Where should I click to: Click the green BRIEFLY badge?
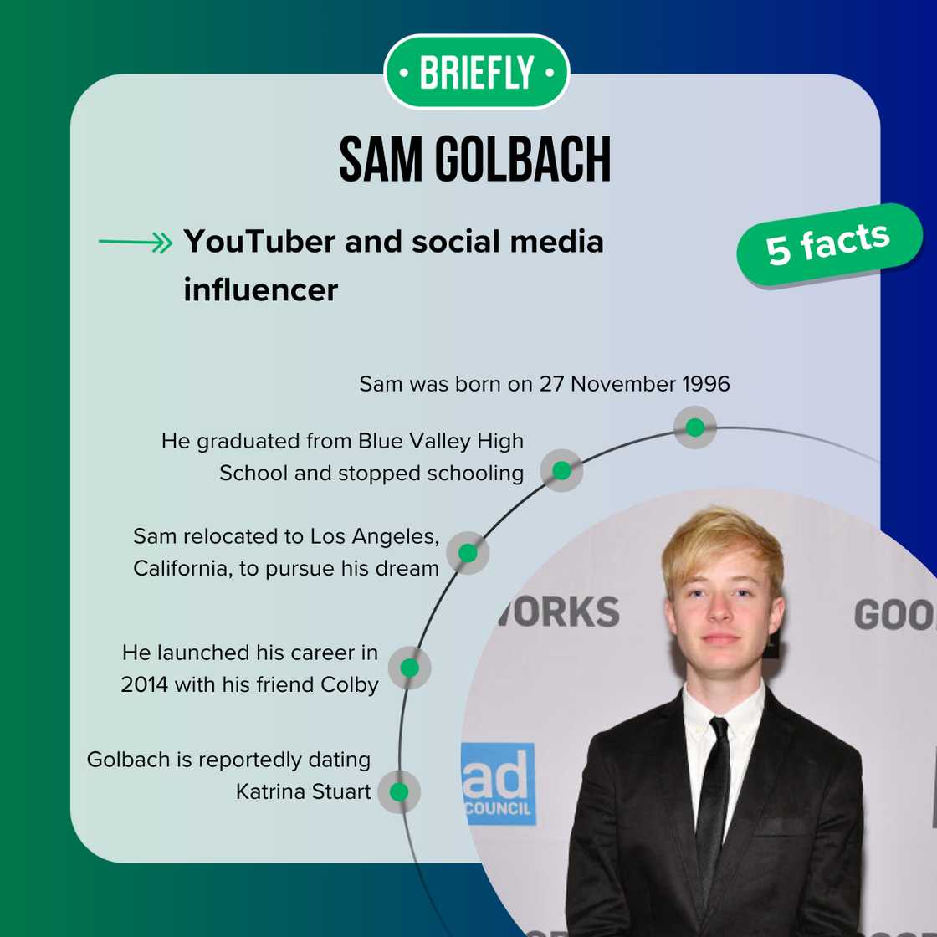[x=476, y=72]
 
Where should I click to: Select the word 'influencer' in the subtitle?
[x=261, y=289]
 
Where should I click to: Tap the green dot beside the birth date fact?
[x=694, y=428]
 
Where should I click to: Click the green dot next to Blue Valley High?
[x=561, y=470]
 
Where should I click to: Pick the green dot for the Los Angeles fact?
[x=468, y=553]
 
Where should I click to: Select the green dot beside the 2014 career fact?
[x=409, y=668]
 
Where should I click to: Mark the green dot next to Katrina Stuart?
[x=399, y=791]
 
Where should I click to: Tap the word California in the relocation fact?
[x=180, y=568]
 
